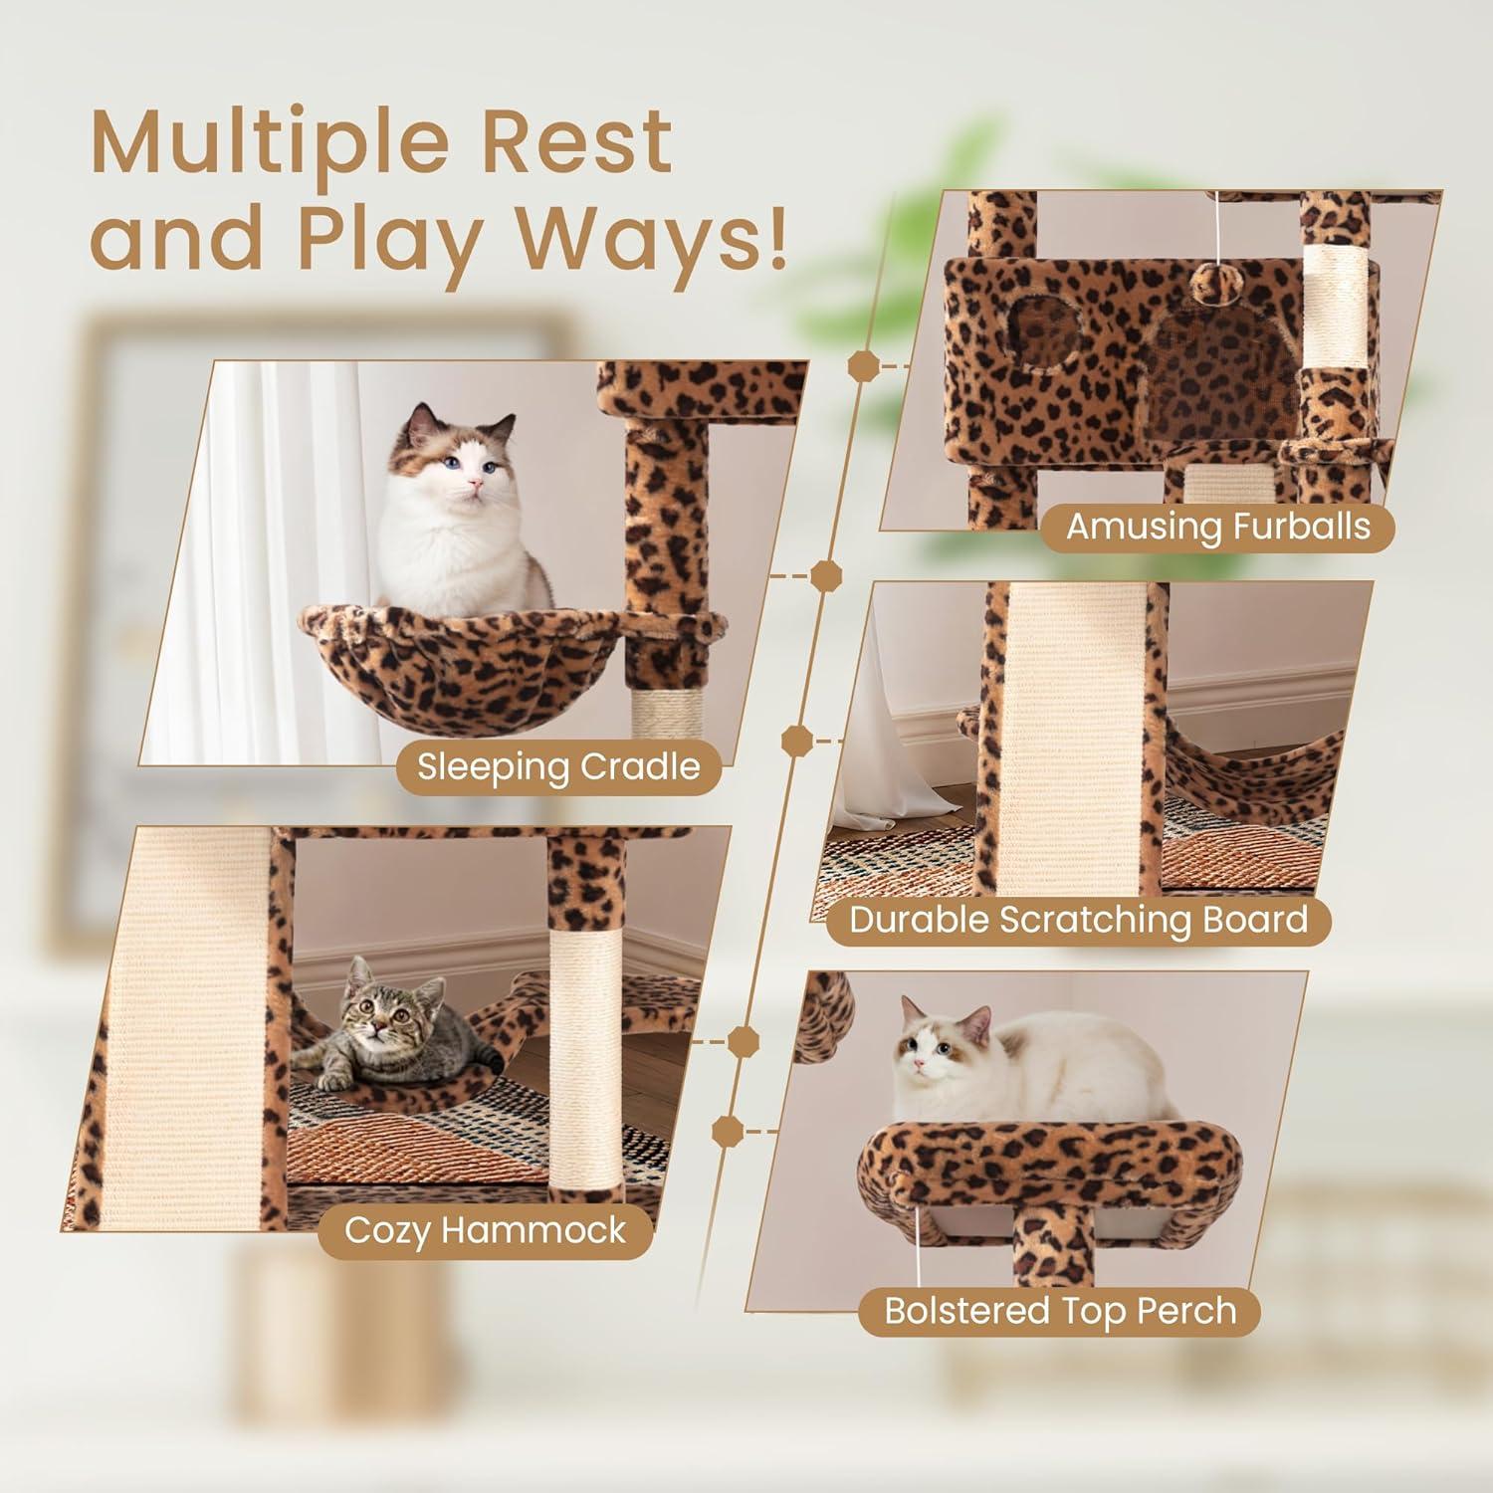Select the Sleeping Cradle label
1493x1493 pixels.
(558, 767)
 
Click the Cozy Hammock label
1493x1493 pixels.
(485, 1230)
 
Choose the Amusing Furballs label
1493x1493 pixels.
(1217, 526)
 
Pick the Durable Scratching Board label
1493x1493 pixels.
(1078, 920)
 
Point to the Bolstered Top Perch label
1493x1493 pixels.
(1060, 1310)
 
